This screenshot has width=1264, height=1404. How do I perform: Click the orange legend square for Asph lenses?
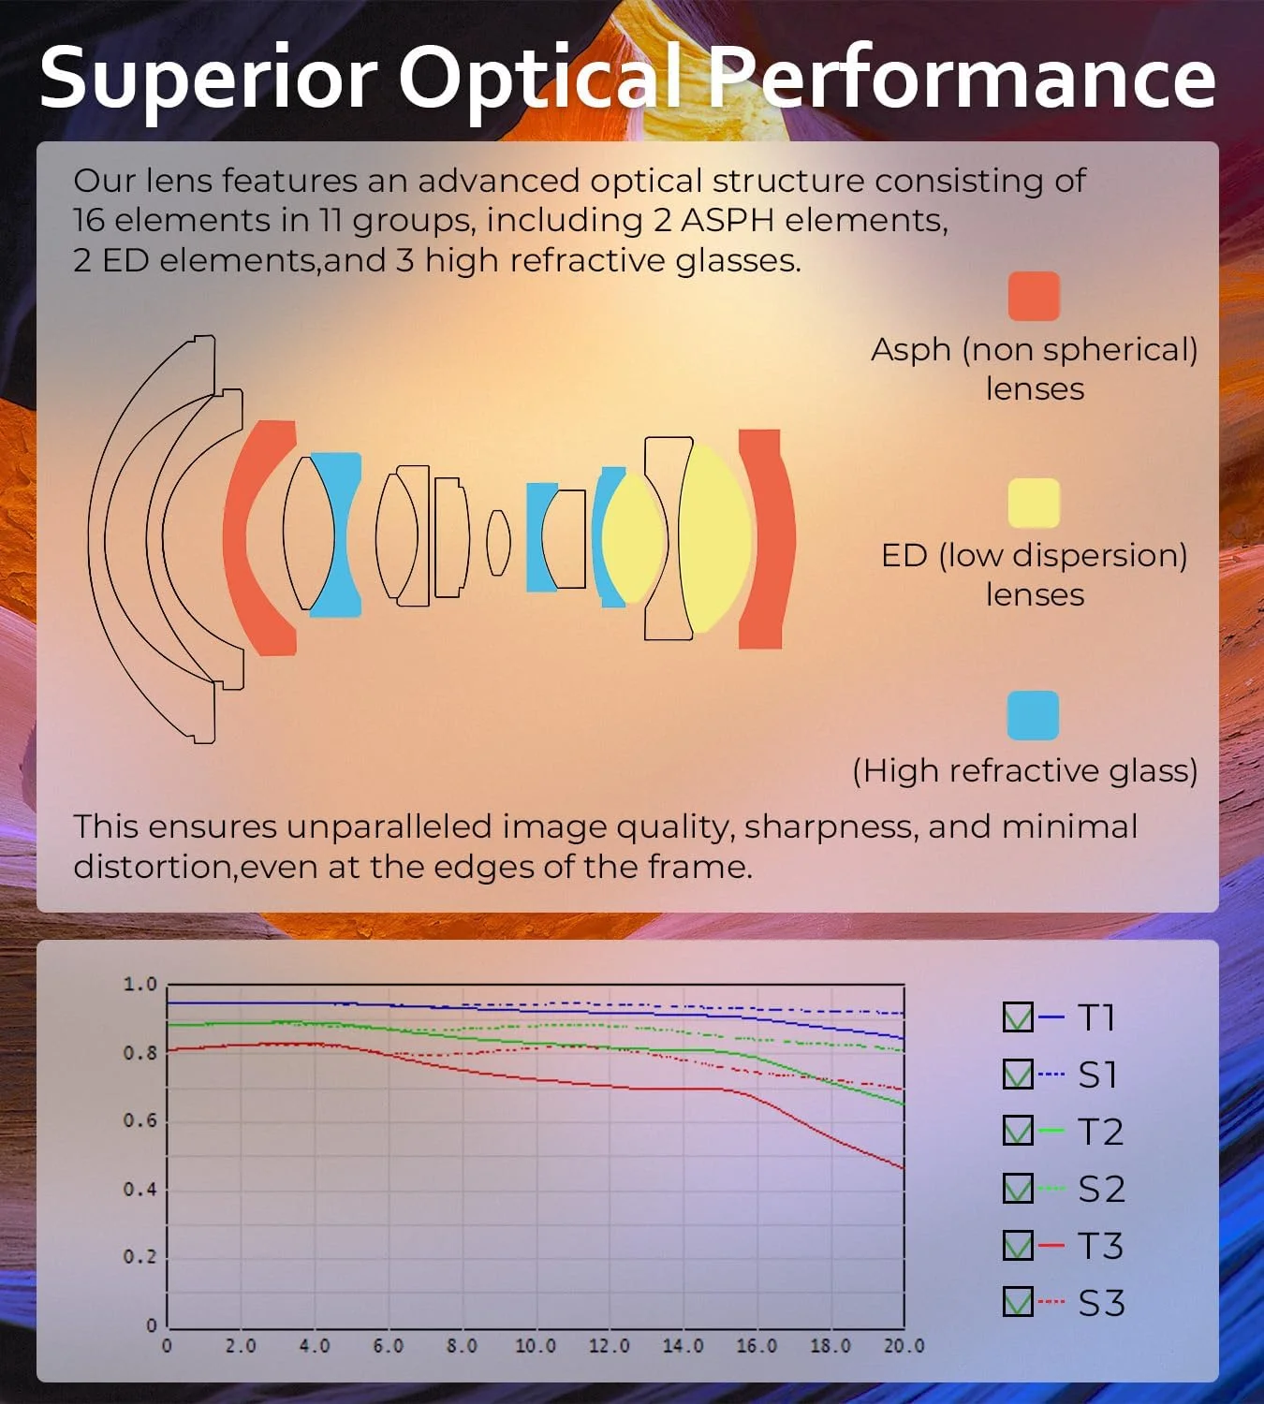1034,296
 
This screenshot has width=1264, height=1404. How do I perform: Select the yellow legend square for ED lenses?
1034,503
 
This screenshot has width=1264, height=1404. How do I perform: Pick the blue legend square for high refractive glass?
1033,715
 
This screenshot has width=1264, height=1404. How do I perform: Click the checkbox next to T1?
1018,1016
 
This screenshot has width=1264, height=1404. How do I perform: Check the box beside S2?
1018,1188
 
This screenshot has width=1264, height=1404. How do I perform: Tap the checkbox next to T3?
1018,1245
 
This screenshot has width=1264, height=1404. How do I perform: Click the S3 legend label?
1101,1303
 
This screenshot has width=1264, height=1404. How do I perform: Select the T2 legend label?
1100,1131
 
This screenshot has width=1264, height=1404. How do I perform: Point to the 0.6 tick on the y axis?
140,1120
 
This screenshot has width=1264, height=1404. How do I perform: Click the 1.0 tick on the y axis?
140,984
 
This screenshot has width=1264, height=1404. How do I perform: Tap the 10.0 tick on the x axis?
536,1345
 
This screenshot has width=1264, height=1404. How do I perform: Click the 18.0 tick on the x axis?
830,1345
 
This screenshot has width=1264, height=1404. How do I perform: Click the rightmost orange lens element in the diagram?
767,539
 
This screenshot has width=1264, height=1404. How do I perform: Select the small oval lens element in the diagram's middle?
499,543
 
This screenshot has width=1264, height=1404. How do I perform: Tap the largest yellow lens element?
714,539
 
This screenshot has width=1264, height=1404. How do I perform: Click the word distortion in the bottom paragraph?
154,867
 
